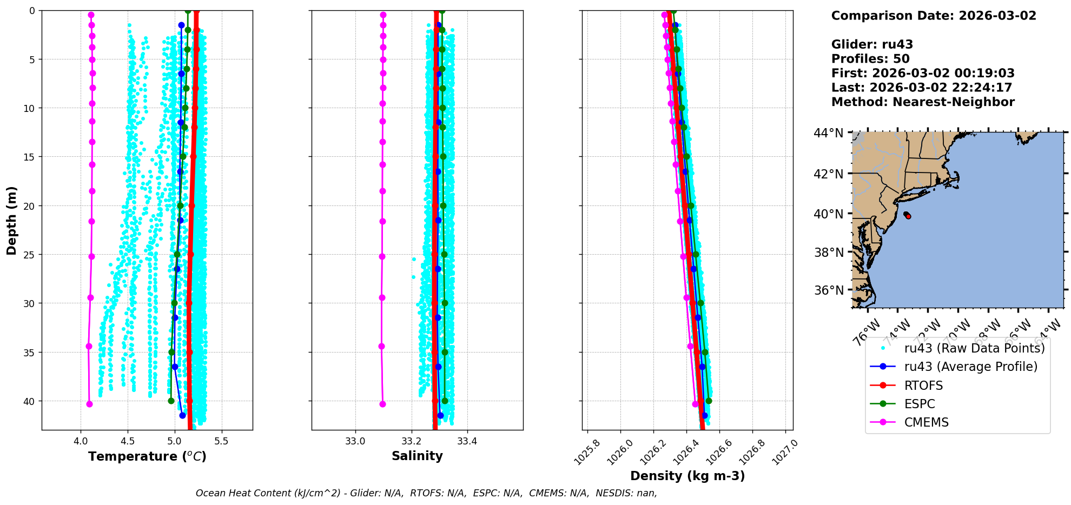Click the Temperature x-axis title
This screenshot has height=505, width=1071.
pos(147,456)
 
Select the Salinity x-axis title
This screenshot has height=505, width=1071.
pos(417,456)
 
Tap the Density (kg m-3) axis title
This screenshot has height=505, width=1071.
pos(687,476)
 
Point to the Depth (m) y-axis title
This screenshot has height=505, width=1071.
pos(12,221)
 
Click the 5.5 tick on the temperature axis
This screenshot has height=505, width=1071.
pos(221,441)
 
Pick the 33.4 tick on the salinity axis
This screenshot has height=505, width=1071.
pos(467,441)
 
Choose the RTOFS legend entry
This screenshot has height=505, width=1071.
pos(923,386)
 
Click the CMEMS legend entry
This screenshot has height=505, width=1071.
pos(926,422)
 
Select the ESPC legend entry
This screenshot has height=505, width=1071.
pos(920,404)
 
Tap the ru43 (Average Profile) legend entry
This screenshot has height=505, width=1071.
pos(970,367)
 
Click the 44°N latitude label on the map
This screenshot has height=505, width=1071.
pos(828,133)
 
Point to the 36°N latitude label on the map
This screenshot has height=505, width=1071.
pos(828,290)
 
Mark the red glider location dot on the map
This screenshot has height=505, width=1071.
pos(908,216)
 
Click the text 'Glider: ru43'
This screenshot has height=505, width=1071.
pos(872,44)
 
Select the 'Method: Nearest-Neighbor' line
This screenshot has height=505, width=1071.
pos(923,102)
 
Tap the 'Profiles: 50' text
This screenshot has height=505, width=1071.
pos(870,59)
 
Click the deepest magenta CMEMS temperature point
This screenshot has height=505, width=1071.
pos(89,404)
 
